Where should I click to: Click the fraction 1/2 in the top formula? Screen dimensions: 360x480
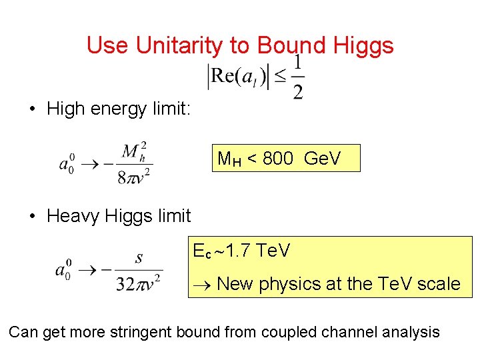[297, 77]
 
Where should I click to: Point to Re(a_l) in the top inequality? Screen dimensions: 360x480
[239, 77]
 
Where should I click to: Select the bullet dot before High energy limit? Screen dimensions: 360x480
[32, 109]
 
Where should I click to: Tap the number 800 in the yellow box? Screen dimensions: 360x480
[278, 159]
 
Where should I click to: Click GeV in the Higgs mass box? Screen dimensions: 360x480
[322, 159]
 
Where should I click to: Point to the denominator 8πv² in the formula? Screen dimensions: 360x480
[133, 177]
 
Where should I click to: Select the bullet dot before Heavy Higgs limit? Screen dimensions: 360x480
[32, 217]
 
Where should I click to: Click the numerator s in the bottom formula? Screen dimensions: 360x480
[138, 258]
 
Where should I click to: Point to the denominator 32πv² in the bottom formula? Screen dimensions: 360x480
[139, 283]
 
